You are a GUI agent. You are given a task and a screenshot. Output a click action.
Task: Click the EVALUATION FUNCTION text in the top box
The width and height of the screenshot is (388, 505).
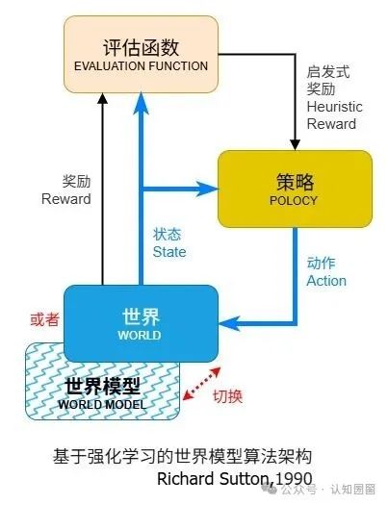pos(141,66)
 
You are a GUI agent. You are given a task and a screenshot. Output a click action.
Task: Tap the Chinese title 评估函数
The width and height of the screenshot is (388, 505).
pos(141,46)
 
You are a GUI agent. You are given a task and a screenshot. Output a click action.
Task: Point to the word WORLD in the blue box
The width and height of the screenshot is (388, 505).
pos(139,336)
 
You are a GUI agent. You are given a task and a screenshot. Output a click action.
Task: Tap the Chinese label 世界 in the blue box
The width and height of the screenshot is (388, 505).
pos(139,316)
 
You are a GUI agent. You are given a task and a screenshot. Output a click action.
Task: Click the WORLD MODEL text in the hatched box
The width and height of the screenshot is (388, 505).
pos(102,404)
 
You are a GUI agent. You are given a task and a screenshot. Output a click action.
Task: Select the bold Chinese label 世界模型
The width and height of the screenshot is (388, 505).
pos(102,386)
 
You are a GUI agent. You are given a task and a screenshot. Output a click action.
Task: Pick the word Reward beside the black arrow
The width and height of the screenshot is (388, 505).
pos(65,199)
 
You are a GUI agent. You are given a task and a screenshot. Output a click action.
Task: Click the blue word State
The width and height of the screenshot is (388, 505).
pos(169,251)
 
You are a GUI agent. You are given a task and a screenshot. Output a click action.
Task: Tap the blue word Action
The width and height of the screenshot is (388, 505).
pos(325,281)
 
